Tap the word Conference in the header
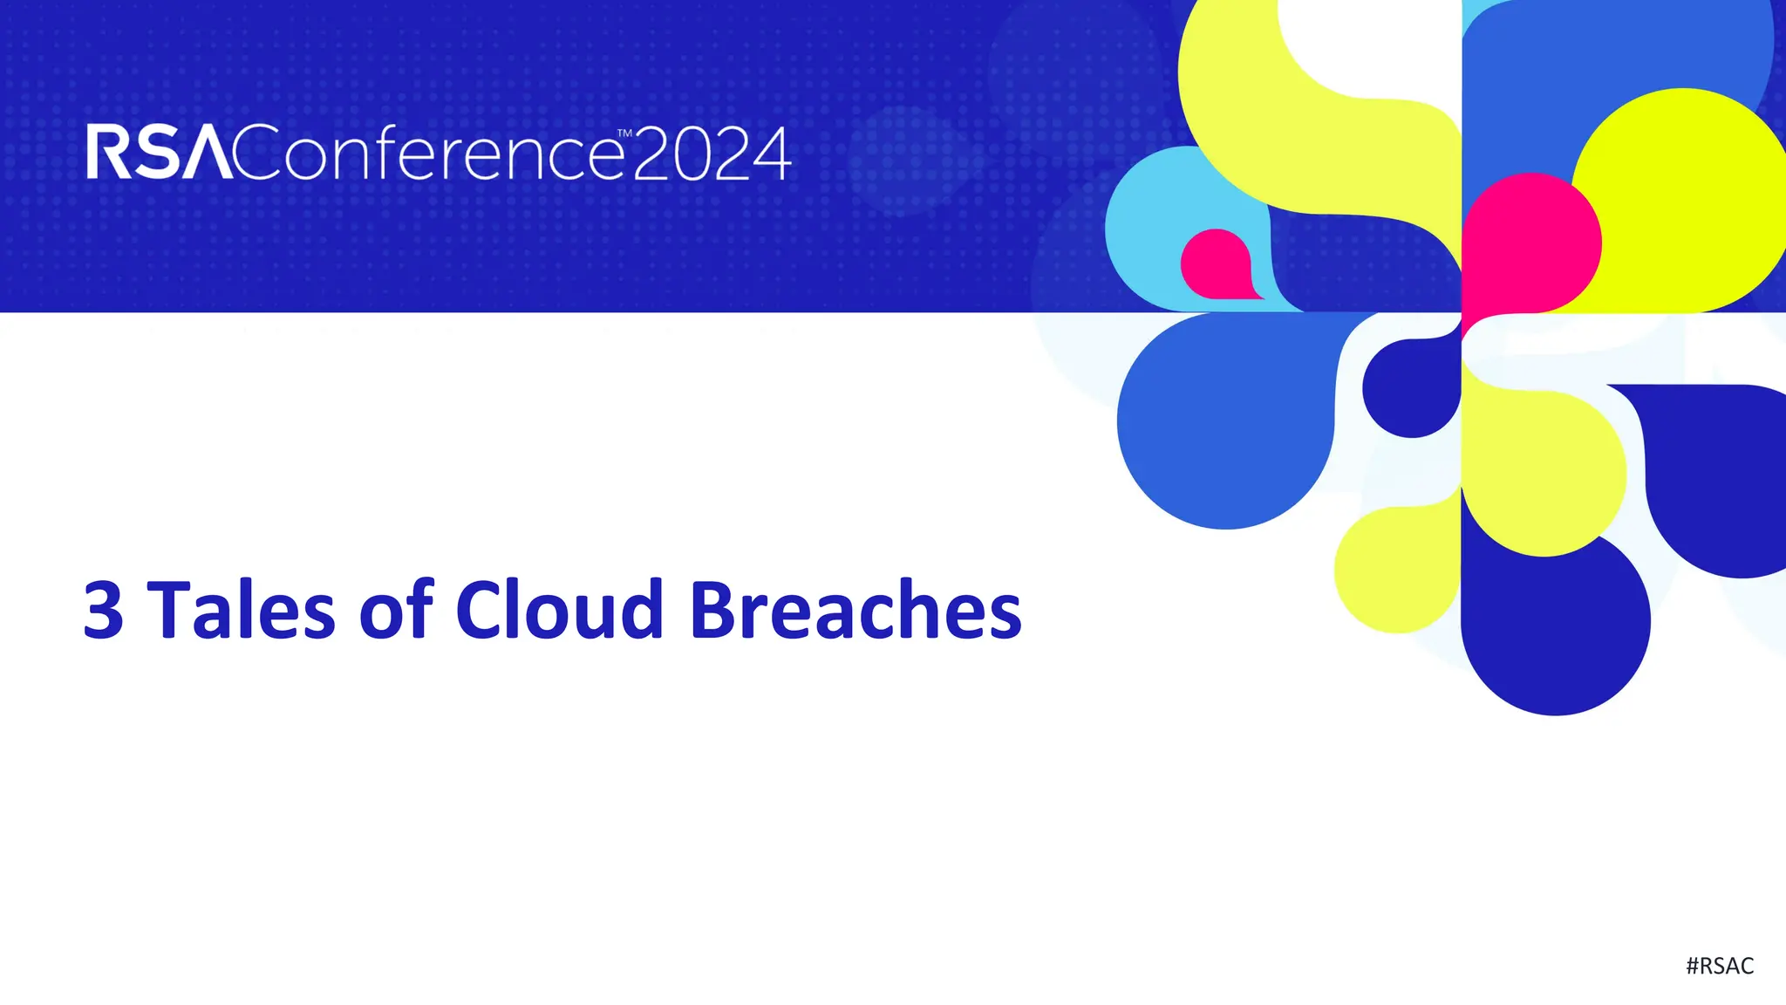(428, 154)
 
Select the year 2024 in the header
(712, 154)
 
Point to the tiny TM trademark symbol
(624, 134)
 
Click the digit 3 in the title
(103, 610)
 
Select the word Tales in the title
(242, 610)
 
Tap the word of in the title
(396, 610)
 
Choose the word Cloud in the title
(559, 610)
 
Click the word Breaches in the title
(856, 610)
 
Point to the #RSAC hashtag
(1719, 966)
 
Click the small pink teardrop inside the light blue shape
(1216, 263)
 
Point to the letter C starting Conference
(258, 154)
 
